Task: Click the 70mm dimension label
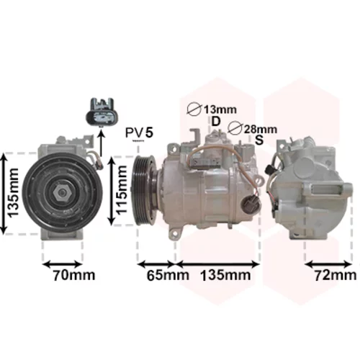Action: [74, 275]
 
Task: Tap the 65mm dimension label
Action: [168, 275]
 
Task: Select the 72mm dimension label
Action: [336, 275]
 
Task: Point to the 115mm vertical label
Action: [121, 189]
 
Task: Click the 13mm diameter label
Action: [220, 109]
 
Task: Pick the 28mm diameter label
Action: [261, 130]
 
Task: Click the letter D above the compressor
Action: [216, 121]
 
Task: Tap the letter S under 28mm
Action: [259, 140]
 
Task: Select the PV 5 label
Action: [139, 132]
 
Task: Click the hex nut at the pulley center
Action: [62, 193]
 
